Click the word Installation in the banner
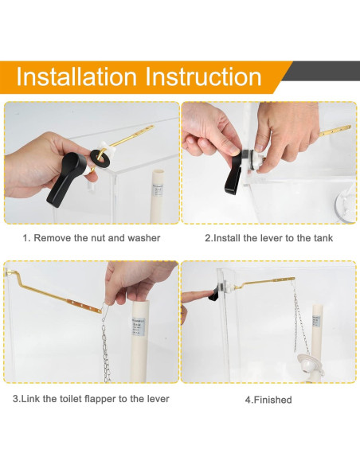pyautogui.click(x=76, y=76)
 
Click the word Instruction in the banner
pyautogui.click(x=203, y=76)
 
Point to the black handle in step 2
pyautogui.click(x=233, y=174)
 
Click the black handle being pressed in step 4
pyautogui.click(x=215, y=294)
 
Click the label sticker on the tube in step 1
pyautogui.click(x=158, y=192)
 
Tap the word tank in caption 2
pyautogui.click(x=323, y=238)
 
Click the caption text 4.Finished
pyautogui.click(x=268, y=400)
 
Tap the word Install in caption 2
pyautogui.click(x=226, y=238)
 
